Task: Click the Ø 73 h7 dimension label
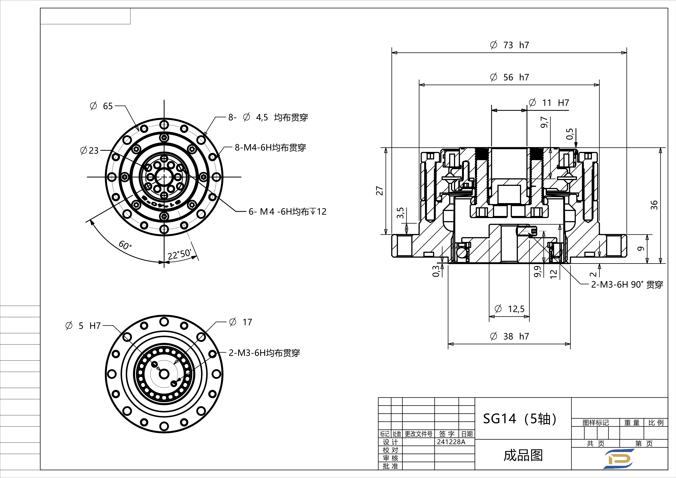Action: [x=509, y=45]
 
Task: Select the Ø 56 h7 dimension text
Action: [x=509, y=77]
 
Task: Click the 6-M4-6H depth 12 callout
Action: [x=287, y=211]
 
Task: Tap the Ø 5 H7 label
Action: [x=83, y=325]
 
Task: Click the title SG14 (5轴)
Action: [x=520, y=418]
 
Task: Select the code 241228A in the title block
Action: [x=451, y=442]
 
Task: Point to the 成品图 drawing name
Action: [x=523, y=455]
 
